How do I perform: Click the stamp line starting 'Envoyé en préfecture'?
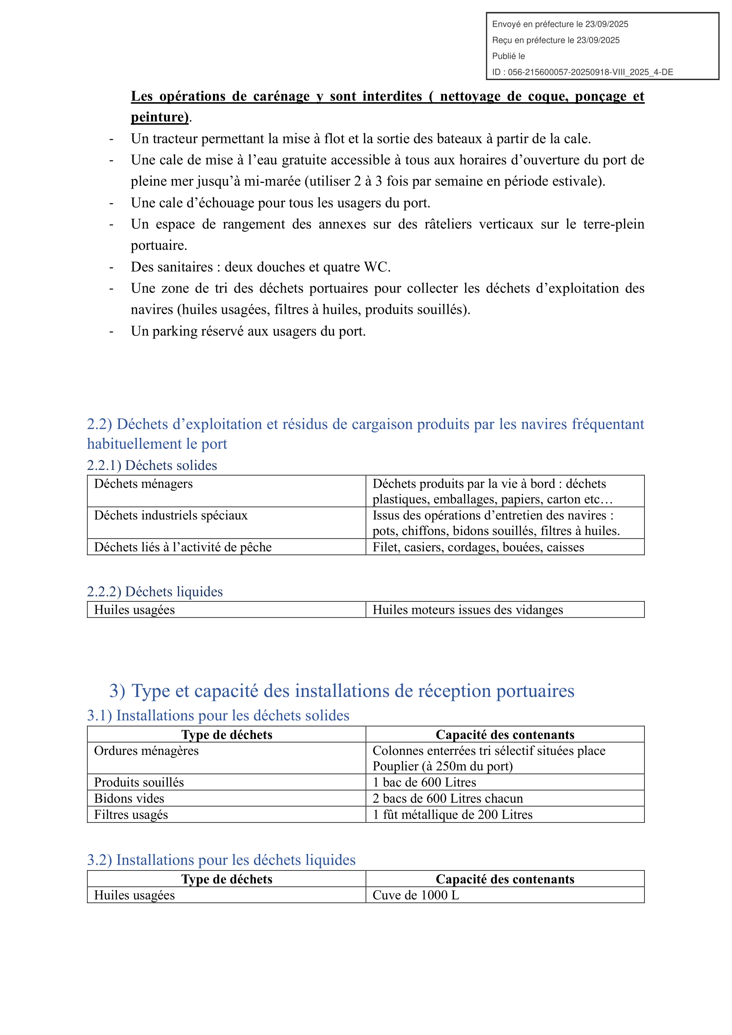tap(560, 24)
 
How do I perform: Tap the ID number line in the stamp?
tap(582, 72)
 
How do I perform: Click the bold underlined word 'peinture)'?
tap(160, 117)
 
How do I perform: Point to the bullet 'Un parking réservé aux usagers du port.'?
tap(248, 331)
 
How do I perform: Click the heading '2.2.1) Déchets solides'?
tap(152, 465)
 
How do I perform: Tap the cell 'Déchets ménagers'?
tap(143, 484)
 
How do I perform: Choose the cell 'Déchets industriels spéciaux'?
tap(171, 515)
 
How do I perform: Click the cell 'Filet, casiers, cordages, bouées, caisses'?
tap(478, 547)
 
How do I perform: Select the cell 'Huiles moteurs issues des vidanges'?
tap(467, 610)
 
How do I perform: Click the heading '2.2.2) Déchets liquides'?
tap(154, 592)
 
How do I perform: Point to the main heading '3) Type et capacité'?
tap(342, 691)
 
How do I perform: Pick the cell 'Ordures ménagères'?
tap(146, 750)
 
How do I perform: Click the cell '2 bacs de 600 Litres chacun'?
tap(447, 798)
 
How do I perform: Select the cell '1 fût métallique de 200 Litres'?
tap(452, 815)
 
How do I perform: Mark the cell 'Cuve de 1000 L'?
tap(416, 895)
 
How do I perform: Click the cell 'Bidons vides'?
tap(129, 798)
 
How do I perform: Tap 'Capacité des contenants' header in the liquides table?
tap(505, 879)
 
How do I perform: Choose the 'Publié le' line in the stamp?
tap(509, 56)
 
